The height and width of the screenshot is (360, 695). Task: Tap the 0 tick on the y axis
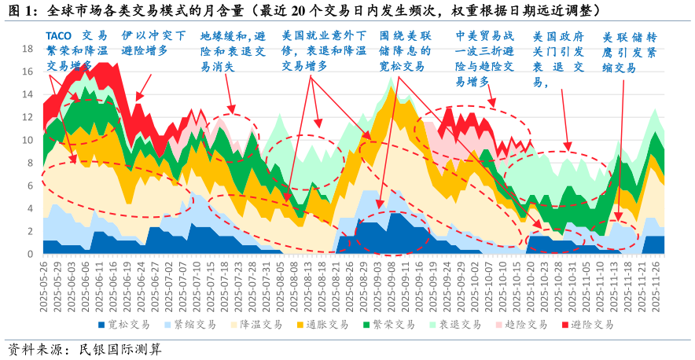pos(30,255)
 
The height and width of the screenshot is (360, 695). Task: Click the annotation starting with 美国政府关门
pos(557,59)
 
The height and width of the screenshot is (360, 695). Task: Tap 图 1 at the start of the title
pos(19,10)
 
